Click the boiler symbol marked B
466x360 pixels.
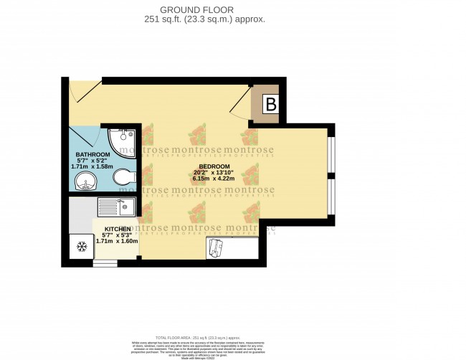point(270,105)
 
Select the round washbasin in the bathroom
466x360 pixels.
point(85,181)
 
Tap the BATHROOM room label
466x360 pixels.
point(92,155)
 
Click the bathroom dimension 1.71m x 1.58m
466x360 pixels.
point(92,167)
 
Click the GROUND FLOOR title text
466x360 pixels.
point(220,10)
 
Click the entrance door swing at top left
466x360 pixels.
point(81,90)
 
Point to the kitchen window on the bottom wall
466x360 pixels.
point(105,263)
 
